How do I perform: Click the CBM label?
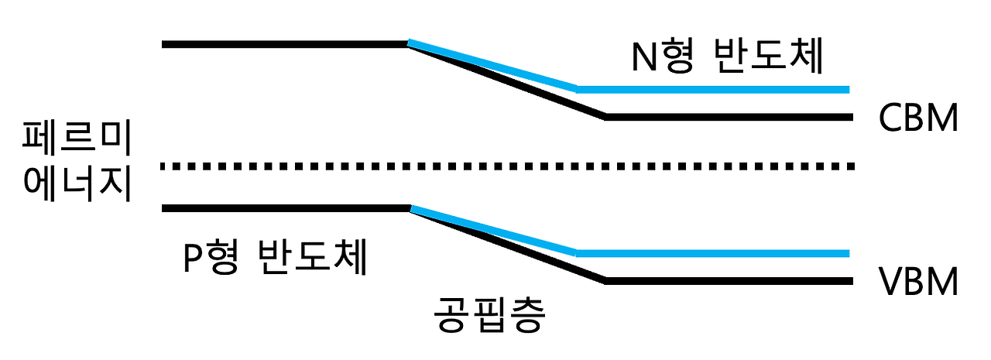point(919,119)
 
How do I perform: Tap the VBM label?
point(919,283)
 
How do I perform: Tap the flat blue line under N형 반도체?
point(712,89)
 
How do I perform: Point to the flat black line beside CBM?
point(728,117)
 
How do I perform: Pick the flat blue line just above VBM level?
point(712,253)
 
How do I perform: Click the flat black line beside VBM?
point(728,281)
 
